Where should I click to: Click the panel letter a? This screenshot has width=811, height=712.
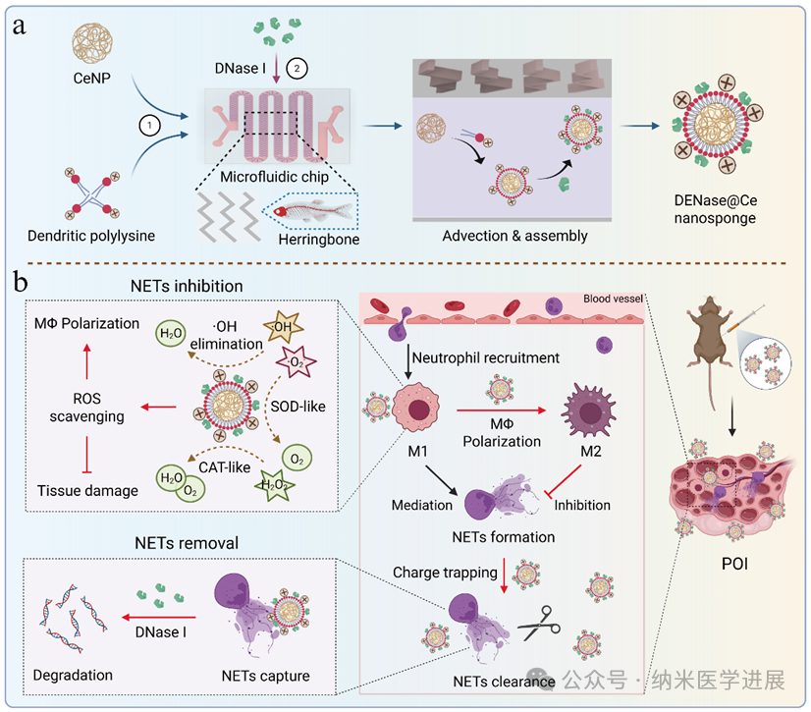click(x=18, y=27)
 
